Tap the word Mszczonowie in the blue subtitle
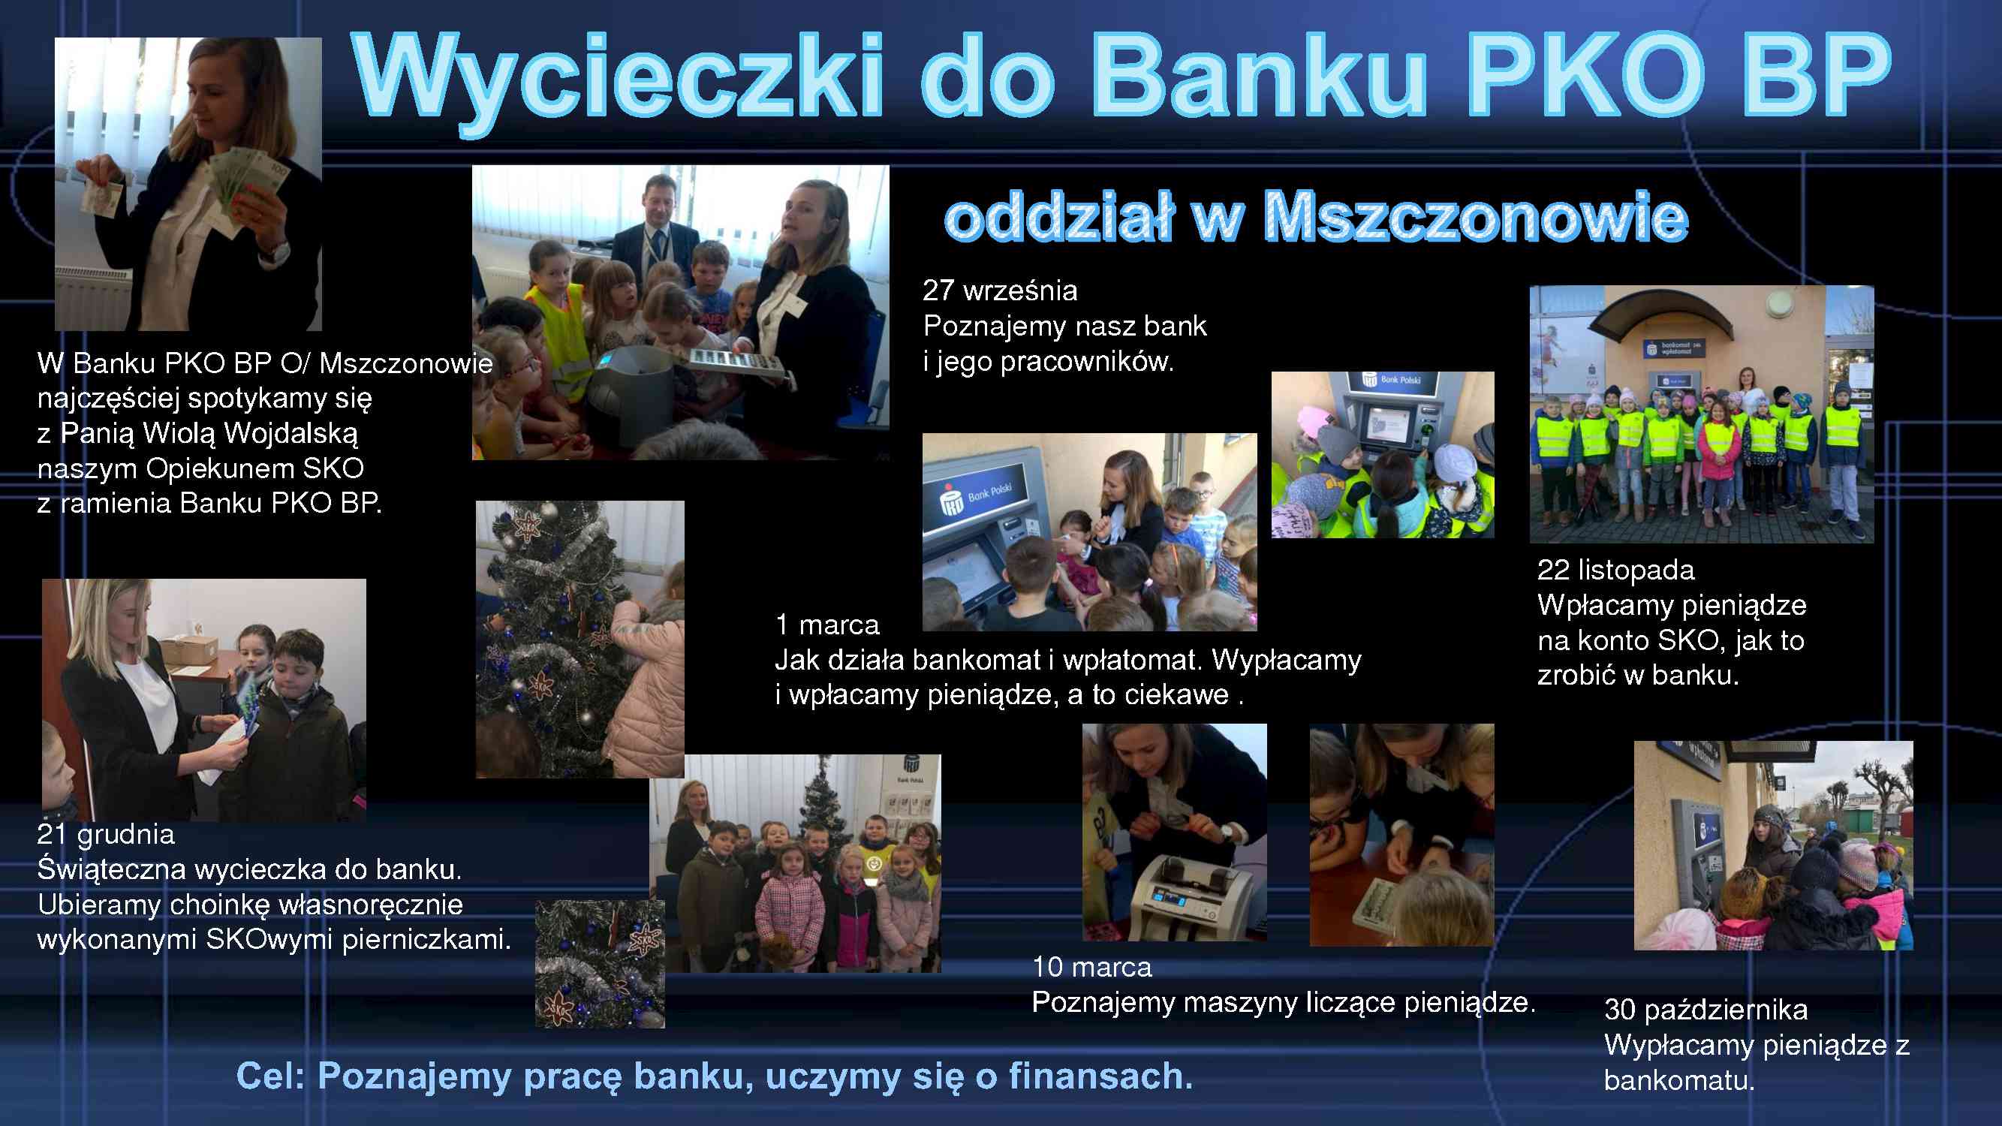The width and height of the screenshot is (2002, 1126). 1477,218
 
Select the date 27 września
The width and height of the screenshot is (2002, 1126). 1000,291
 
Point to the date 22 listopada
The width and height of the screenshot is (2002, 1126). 1615,570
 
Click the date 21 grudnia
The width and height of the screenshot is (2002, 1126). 106,834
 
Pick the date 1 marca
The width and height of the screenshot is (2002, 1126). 827,625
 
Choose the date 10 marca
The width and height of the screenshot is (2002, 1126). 1092,967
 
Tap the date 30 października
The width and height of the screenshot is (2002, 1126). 1706,1010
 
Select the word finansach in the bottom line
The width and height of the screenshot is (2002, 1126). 1100,1076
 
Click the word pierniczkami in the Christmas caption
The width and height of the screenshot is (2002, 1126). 426,940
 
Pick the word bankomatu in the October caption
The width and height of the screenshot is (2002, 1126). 1679,1080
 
